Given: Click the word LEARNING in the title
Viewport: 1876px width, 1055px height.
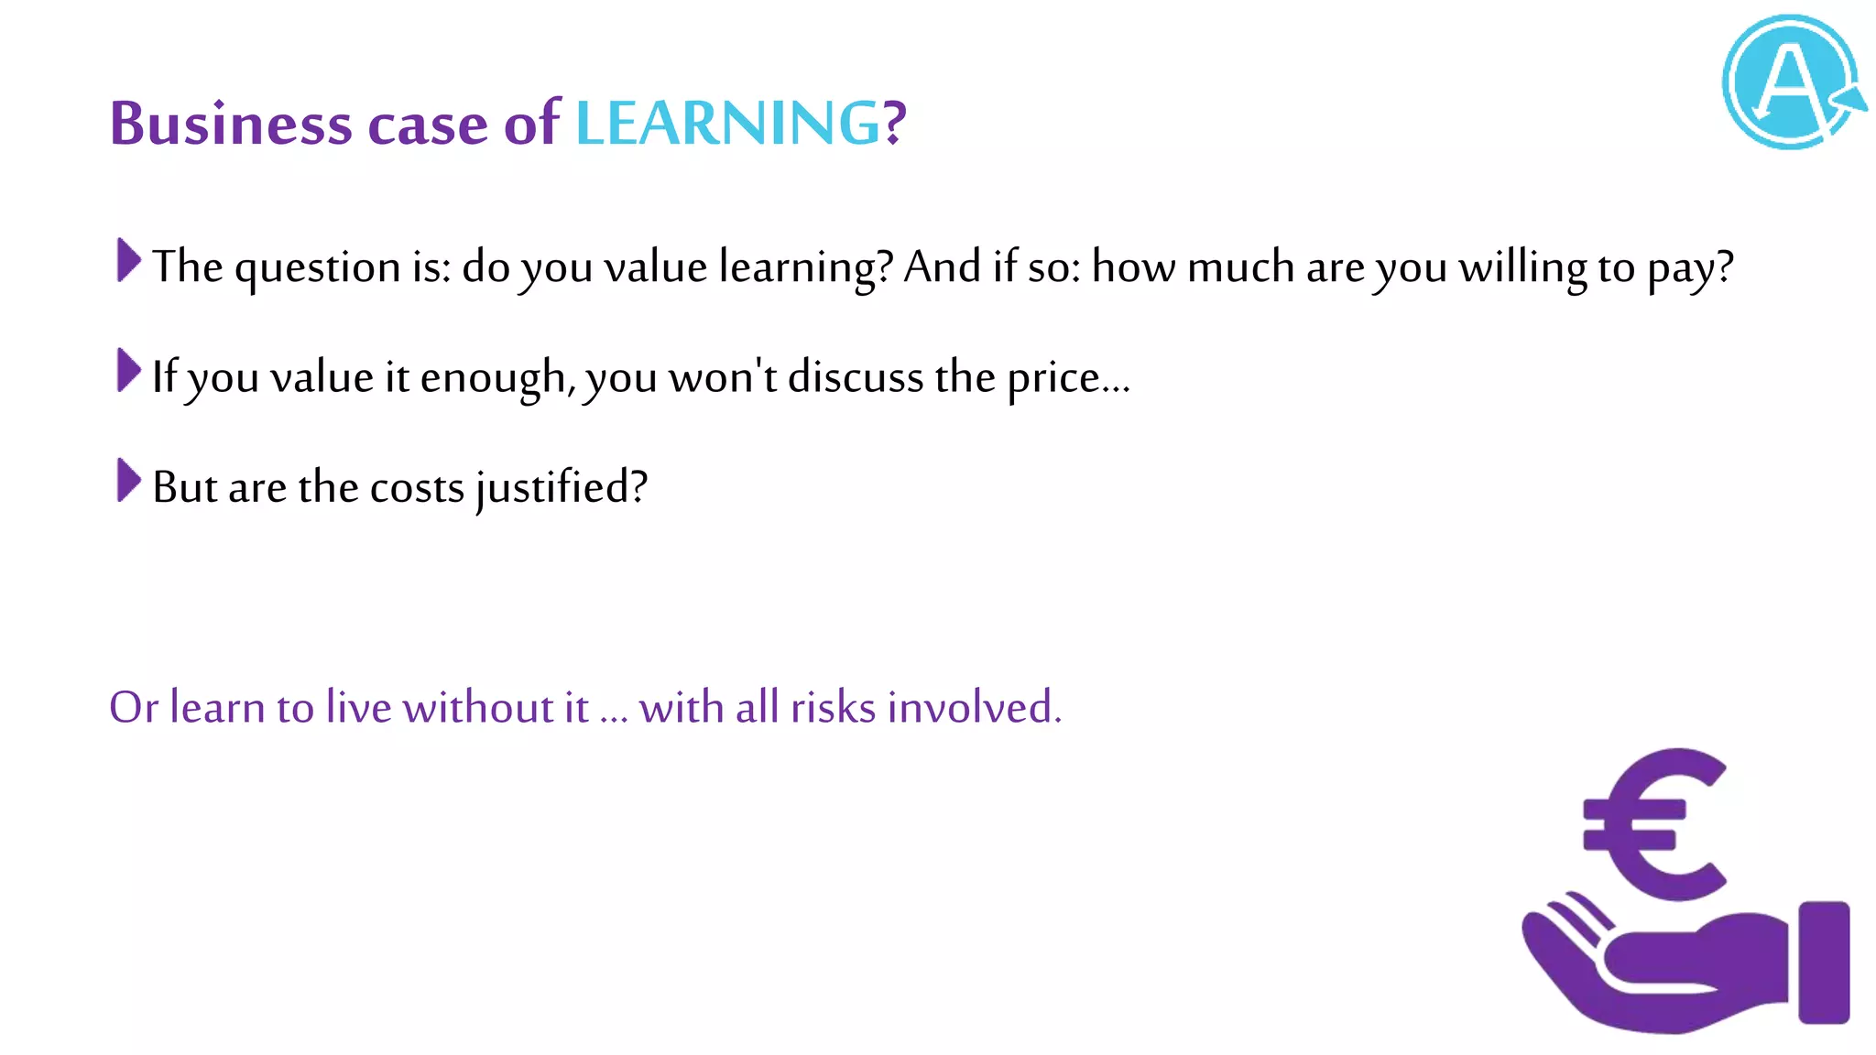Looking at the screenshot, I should coord(727,124).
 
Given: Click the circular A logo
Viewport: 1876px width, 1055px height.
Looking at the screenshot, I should coord(1791,82).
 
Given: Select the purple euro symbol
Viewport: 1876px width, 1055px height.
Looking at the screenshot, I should coord(1654,824).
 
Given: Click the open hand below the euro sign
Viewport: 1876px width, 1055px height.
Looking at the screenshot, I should coord(1649,971).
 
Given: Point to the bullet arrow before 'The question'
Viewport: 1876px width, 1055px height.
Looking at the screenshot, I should coord(129,260).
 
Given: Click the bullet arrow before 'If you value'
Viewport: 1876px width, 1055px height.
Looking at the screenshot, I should coord(129,370).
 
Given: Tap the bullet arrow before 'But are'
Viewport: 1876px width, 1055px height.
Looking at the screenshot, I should coord(129,481).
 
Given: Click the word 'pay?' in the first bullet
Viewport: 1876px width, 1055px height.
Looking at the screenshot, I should coord(1690,268).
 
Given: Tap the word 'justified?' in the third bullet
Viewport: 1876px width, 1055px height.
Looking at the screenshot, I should coord(562,488).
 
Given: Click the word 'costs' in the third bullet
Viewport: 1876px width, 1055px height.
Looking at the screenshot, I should coord(417,488).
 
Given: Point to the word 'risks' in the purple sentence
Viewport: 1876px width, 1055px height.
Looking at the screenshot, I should coord(833,708).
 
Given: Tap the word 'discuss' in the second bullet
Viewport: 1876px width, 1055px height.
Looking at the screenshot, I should coord(856,378).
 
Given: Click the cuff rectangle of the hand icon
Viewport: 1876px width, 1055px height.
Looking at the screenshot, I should coord(1824,962).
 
